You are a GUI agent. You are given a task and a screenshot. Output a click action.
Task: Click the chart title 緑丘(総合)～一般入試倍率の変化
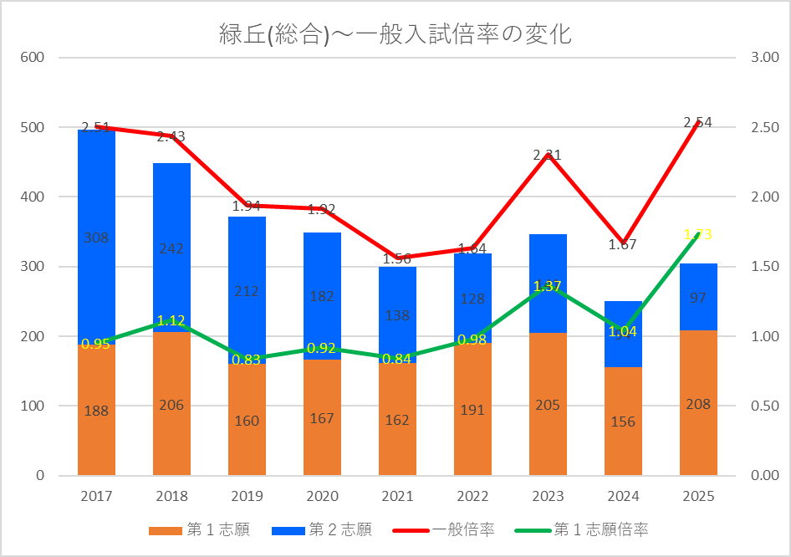pos(395,34)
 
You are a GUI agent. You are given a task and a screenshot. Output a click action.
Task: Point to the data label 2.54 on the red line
pos(697,122)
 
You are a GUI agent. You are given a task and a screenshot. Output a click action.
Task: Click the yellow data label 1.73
pos(697,234)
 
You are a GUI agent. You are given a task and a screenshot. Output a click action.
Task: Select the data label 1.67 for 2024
pos(622,244)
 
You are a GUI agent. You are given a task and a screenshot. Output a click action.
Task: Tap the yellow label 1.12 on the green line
pos(171,320)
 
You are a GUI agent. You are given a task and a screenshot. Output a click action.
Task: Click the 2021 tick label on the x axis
pos(397,496)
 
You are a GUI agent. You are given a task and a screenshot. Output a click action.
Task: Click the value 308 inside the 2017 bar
pos(96,238)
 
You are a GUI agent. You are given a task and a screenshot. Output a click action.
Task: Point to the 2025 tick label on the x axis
pos(698,496)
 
